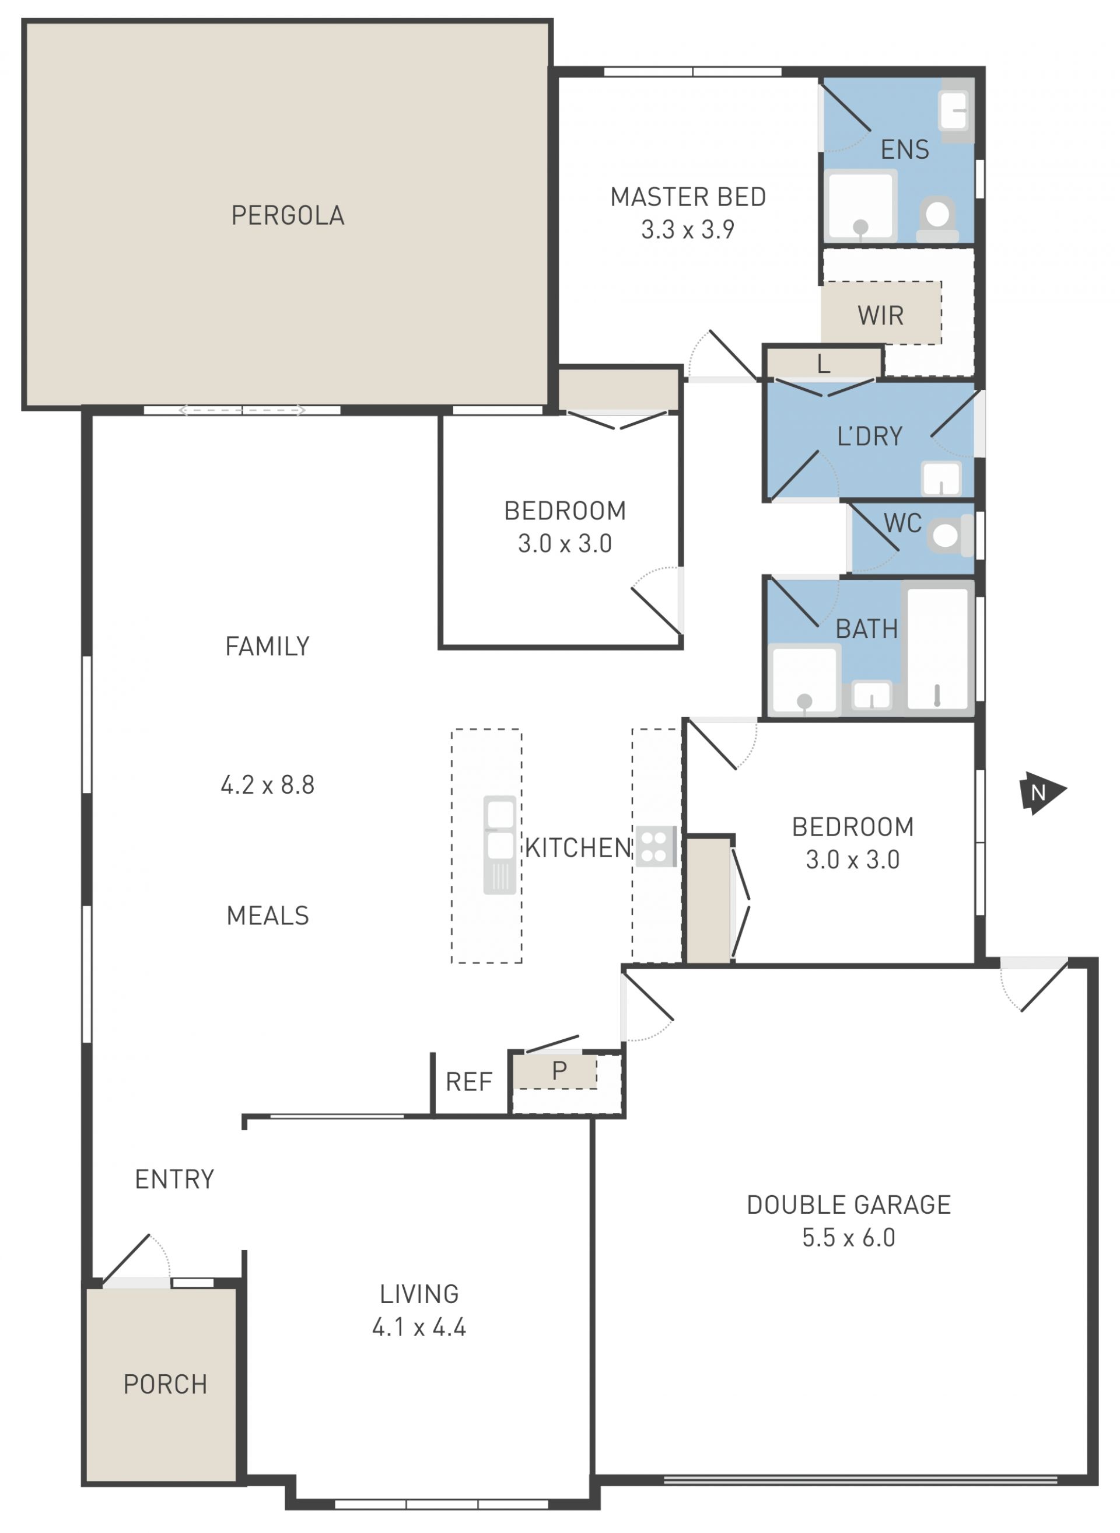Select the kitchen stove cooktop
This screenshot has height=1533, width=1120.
[656, 847]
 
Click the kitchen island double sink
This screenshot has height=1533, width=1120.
[500, 844]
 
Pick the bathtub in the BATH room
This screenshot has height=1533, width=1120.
[937, 648]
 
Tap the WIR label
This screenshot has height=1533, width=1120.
[880, 316]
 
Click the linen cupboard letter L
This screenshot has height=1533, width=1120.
[823, 364]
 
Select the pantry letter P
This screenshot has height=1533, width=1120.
[559, 1070]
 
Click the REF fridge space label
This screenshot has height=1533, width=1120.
[468, 1081]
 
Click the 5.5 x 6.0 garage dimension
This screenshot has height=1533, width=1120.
[849, 1237]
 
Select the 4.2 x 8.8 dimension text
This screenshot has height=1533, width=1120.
[268, 784]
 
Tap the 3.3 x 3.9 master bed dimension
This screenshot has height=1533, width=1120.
[688, 229]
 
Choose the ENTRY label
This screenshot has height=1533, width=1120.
[174, 1179]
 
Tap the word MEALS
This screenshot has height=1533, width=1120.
[268, 915]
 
